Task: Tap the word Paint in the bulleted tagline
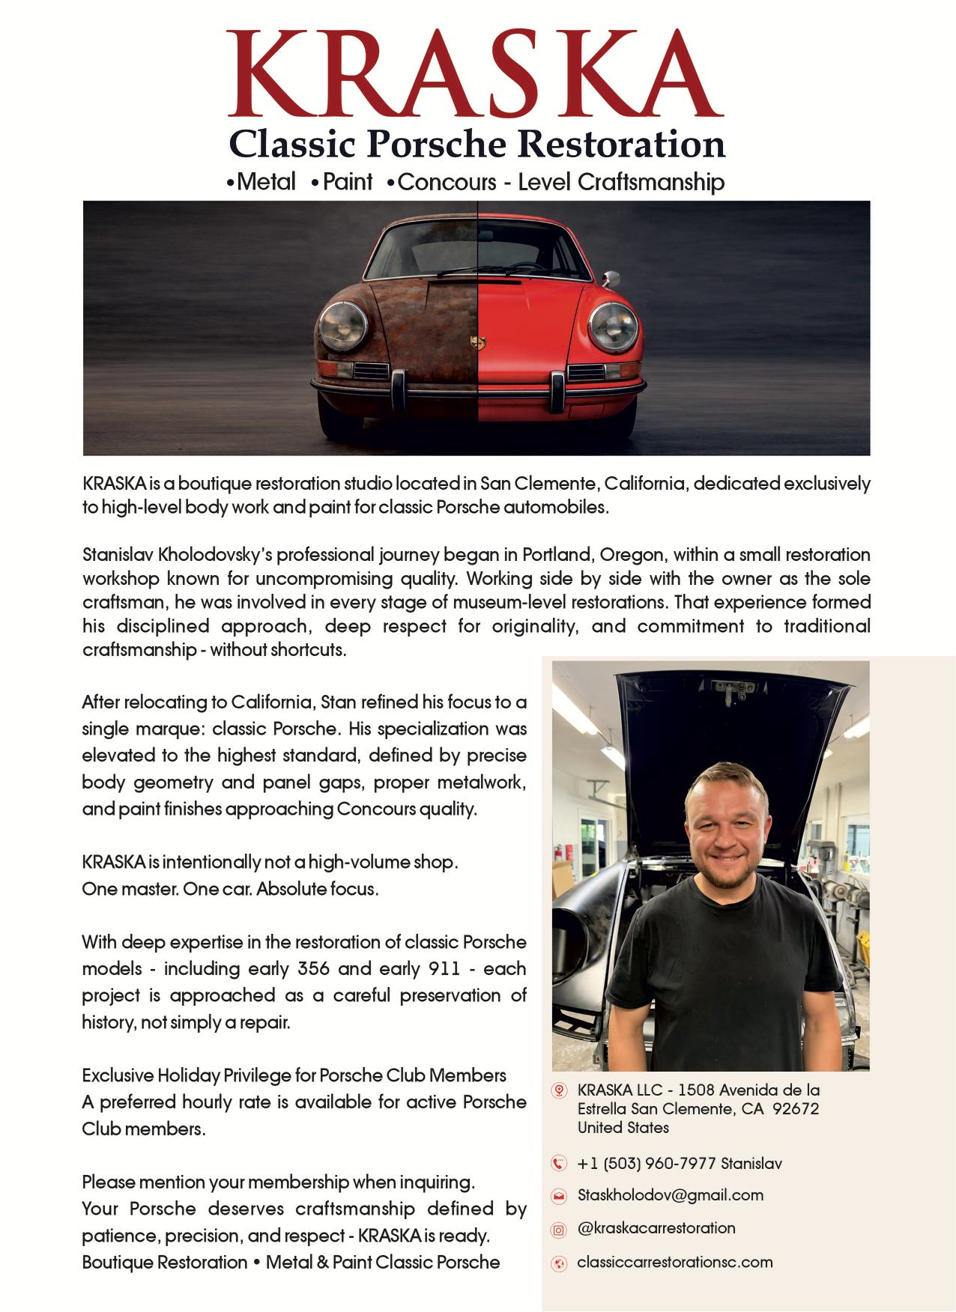point(348,182)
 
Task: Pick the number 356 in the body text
point(313,968)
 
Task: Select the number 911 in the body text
point(444,968)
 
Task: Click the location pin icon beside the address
point(559,1090)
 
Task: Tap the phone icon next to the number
point(559,1163)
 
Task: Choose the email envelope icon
point(559,1195)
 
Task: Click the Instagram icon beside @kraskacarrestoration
point(559,1229)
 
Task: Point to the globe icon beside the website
point(559,1263)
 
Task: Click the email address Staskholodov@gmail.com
point(670,1195)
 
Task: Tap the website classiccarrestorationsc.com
point(674,1263)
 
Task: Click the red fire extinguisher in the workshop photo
point(557,853)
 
